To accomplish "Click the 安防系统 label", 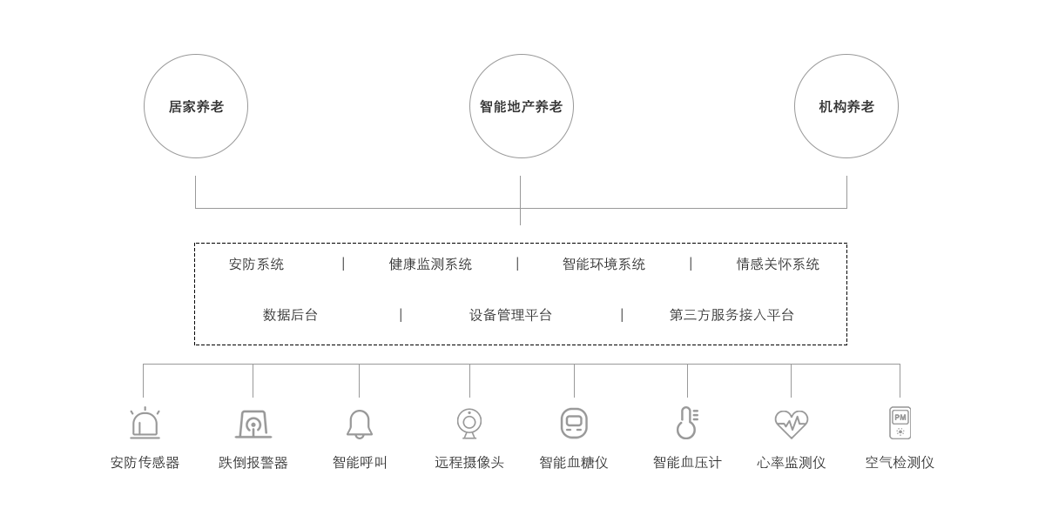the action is coord(256,264).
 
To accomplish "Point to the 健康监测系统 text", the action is coord(430,264).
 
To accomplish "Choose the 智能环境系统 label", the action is coord(603,264).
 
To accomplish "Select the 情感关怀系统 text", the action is coord(778,264).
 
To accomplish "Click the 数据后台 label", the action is coord(290,315).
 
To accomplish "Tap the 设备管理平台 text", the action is coord(510,315).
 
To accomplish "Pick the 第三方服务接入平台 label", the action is coord(731,315).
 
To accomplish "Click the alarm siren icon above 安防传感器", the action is coord(145,423).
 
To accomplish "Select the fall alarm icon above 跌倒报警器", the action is coord(253,425).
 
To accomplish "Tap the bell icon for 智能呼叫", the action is coord(360,425).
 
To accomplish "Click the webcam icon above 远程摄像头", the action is coord(469,424).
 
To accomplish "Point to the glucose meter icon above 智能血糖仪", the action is coord(574,423).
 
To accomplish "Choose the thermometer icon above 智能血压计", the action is coord(687,423).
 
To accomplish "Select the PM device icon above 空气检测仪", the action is coord(900,423).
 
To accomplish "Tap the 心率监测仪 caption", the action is coord(792,462).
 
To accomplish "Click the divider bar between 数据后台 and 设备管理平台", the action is coord(401,315).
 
